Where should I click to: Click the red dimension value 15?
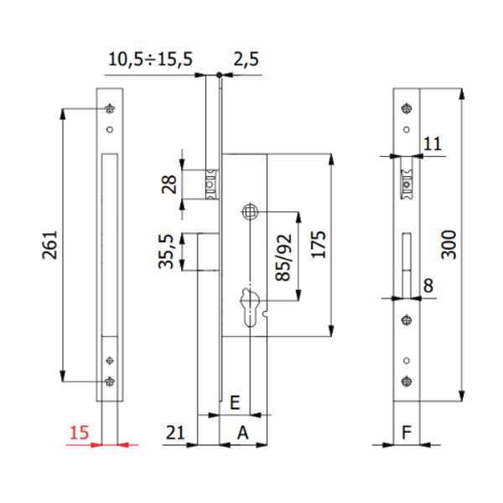click(x=78, y=433)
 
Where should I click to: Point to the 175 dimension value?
click(x=317, y=244)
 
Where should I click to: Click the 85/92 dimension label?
click(x=284, y=257)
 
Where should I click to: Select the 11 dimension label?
click(x=433, y=144)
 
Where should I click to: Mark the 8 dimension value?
click(x=428, y=285)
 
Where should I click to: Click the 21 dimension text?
click(x=175, y=433)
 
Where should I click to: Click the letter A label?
click(x=243, y=433)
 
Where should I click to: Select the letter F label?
click(x=407, y=433)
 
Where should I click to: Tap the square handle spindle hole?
click(x=250, y=213)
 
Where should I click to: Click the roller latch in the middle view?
click(x=213, y=184)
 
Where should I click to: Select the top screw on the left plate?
click(x=110, y=107)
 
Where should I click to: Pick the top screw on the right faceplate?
click(x=407, y=107)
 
